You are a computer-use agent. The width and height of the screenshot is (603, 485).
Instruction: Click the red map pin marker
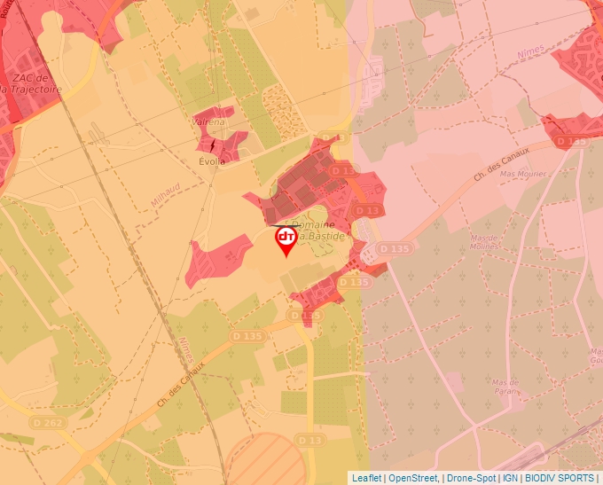tap(286, 240)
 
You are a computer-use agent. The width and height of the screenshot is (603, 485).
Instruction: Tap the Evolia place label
tap(213, 161)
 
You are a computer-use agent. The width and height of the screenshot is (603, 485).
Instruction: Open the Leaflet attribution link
tap(366, 478)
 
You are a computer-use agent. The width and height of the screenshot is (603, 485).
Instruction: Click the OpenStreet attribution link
tap(413, 478)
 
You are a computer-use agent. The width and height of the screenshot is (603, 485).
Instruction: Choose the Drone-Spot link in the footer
tap(471, 478)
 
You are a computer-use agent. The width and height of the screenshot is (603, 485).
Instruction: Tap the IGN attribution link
tap(511, 478)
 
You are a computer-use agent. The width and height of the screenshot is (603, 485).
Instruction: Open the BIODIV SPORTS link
tap(560, 478)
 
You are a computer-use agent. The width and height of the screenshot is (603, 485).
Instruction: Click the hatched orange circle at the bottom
tap(264, 458)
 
